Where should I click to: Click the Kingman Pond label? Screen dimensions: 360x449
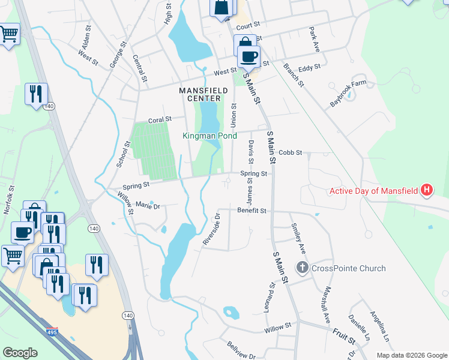tap(208, 136)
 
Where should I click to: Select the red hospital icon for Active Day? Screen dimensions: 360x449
tap(427, 191)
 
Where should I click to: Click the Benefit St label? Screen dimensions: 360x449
tap(251, 211)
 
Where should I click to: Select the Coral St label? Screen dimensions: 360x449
tap(160, 120)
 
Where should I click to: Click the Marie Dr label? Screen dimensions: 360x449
tap(148, 206)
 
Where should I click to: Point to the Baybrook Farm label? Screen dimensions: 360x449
tap(348, 95)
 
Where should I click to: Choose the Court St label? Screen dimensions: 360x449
tap(247, 26)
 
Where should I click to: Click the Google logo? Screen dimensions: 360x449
tap(20, 352)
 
